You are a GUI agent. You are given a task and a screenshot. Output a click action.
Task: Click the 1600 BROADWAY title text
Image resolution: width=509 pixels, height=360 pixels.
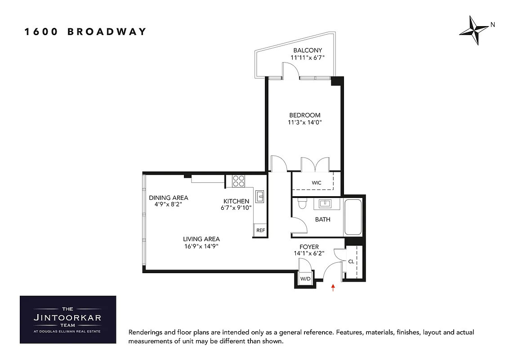pyautogui.click(x=85, y=31)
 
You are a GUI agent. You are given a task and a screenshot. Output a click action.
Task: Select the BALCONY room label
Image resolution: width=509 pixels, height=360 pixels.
pyautogui.click(x=308, y=50)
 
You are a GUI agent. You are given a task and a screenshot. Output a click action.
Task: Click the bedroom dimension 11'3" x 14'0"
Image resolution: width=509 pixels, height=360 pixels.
pyautogui.click(x=305, y=122)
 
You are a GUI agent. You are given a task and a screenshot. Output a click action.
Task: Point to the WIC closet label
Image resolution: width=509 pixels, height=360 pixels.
pyautogui.click(x=316, y=183)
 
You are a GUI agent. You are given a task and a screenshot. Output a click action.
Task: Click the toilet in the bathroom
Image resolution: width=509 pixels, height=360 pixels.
pyautogui.click(x=302, y=203)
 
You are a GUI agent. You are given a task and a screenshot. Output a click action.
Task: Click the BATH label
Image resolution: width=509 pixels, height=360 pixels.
pyautogui.click(x=322, y=220)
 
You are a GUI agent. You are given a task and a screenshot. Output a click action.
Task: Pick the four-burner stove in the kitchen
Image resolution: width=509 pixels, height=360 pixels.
pyautogui.click(x=238, y=181)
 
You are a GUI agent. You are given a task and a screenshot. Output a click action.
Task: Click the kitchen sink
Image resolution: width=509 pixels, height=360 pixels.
pyautogui.click(x=260, y=197)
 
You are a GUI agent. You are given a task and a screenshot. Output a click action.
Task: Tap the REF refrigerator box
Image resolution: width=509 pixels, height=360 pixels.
pyautogui.click(x=260, y=230)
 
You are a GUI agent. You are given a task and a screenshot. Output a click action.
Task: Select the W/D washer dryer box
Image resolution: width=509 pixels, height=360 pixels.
pyautogui.click(x=305, y=279)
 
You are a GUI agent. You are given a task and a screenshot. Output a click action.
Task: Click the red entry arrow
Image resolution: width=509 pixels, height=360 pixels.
pyautogui.click(x=333, y=288)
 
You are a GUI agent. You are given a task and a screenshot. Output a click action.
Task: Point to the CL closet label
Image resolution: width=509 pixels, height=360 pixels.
pyautogui.click(x=351, y=261)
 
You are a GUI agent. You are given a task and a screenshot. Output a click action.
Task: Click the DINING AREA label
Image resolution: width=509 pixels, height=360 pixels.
pyautogui.click(x=169, y=198)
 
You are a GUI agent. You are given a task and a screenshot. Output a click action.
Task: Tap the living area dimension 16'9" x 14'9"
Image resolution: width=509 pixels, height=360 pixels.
pyautogui.click(x=201, y=246)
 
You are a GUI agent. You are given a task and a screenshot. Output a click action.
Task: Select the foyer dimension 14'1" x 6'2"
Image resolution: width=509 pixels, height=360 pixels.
pyautogui.click(x=309, y=253)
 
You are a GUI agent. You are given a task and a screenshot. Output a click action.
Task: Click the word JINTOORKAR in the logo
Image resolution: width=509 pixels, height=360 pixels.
pyautogui.click(x=67, y=317)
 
